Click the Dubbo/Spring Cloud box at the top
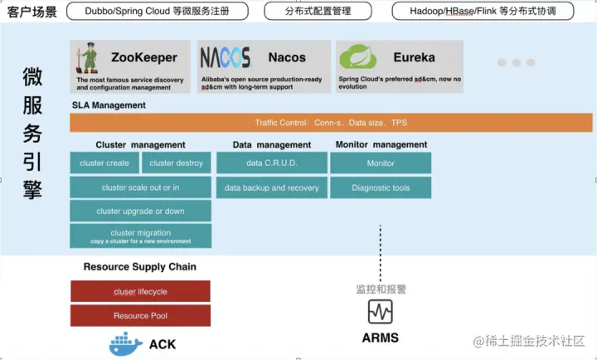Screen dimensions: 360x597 pyautogui.click(x=156, y=11)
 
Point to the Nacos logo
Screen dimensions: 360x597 pyautogui.click(x=225, y=57)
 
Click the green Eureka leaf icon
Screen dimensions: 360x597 pyautogui.click(x=358, y=56)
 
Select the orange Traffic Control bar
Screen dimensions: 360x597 pyautogui.click(x=331, y=123)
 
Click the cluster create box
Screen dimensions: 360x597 pyautogui.click(x=104, y=163)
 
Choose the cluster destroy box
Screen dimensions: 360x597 pyautogui.click(x=177, y=163)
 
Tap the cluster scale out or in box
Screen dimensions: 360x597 pyautogui.click(x=140, y=187)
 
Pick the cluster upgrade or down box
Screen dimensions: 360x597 pyautogui.click(x=140, y=212)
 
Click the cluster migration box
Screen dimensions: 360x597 pyautogui.click(x=140, y=236)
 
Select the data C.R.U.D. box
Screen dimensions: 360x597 pyautogui.click(x=271, y=163)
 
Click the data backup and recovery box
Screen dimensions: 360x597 pyautogui.click(x=271, y=187)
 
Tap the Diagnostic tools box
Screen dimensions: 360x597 pyautogui.click(x=381, y=187)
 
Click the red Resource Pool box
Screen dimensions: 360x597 pyautogui.click(x=140, y=315)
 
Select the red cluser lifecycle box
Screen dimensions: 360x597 pyautogui.click(x=140, y=291)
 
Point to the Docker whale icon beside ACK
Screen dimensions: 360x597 pyautogui.click(x=126, y=343)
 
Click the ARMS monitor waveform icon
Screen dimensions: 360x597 pyautogui.click(x=381, y=312)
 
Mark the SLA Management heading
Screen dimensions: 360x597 pyautogui.click(x=109, y=105)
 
